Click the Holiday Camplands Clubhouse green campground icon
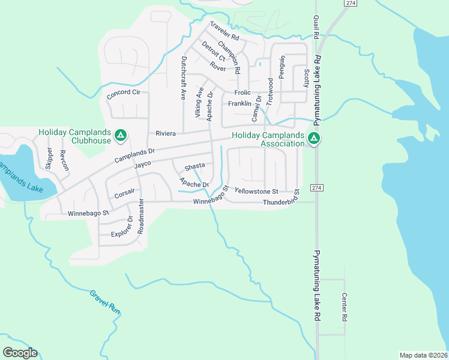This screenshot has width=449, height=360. coord(120,136)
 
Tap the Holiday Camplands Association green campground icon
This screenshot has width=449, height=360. coord(313,139)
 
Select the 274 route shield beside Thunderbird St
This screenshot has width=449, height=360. coord(317,188)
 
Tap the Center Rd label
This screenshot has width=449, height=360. coord(345,306)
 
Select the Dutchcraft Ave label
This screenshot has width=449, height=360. coord(184,77)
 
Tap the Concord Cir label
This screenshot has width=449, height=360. coord(123,93)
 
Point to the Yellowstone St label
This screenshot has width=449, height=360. coord(257,191)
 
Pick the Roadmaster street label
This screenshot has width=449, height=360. coord(142,216)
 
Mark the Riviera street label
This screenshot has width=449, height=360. coord(165,133)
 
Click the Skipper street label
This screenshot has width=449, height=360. coord(49,159)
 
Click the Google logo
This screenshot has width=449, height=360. coord(20,352)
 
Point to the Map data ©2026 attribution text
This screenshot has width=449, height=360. coord(423,355)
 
